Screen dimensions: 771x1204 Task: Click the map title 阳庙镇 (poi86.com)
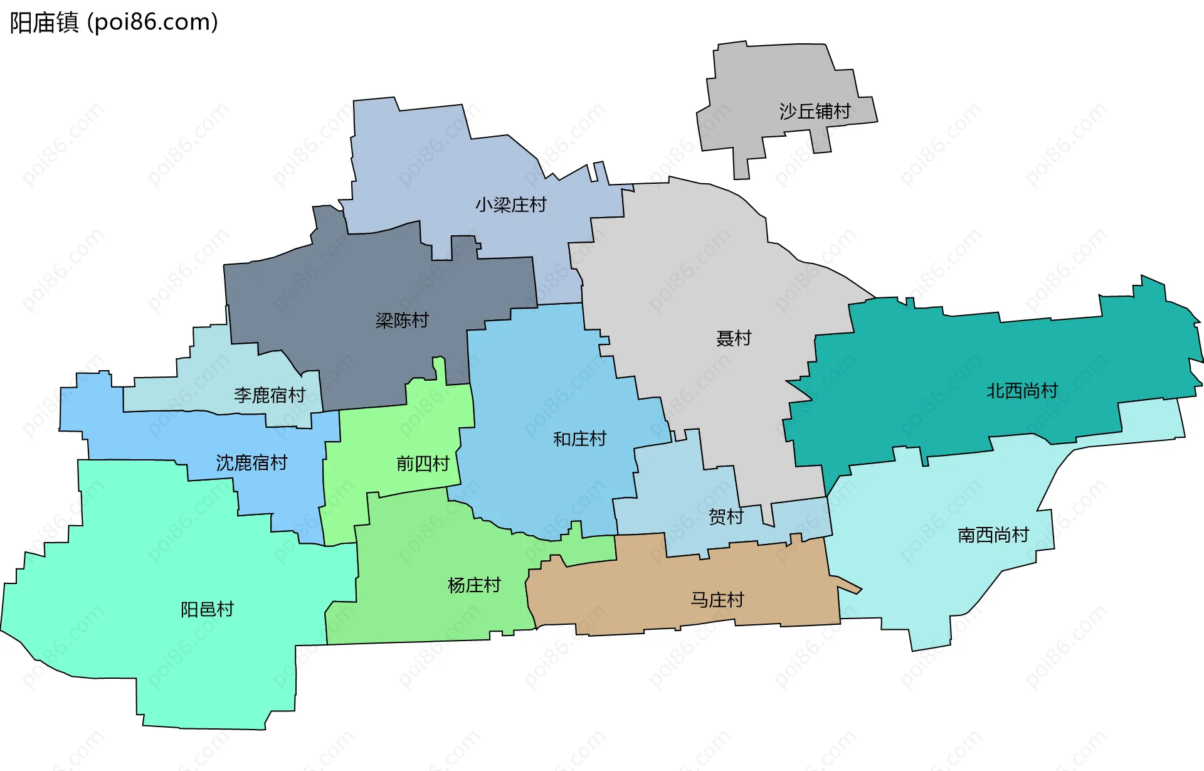click(114, 23)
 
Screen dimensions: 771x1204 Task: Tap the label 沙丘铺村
click(815, 112)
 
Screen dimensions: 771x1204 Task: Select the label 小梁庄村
click(510, 205)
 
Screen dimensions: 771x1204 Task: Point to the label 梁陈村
click(402, 321)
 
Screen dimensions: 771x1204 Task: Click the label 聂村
click(734, 339)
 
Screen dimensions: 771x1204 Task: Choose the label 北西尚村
click(1022, 391)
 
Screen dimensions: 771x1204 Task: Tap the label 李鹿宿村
click(269, 395)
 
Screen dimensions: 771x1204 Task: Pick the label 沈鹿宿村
click(251, 463)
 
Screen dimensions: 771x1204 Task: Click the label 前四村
click(423, 464)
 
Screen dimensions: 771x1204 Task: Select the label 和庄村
click(579, 439)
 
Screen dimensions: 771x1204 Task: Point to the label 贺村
click(726, 517)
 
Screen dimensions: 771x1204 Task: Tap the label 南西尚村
click(993, 535)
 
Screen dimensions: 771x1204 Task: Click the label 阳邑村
click(207, 610)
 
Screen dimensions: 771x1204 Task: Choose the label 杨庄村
click(474, 586)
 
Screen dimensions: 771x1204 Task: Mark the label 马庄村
click(717, 600)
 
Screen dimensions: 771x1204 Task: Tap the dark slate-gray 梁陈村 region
click(351, 282)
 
